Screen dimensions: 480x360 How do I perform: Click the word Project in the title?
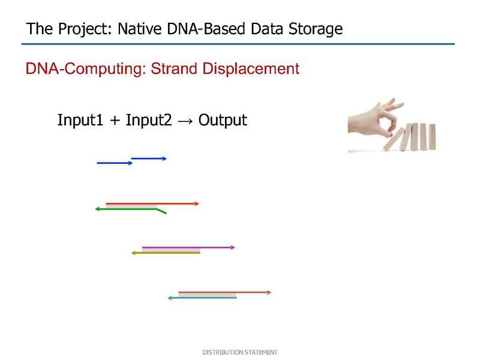(x=85, y=29)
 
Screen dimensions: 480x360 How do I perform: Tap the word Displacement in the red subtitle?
(x=251, y=68)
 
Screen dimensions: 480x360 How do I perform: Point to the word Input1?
(x=80, y=119)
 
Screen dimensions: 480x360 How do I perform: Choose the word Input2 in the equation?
(x=149, y=119)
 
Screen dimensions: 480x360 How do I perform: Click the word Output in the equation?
(x=223, y=119)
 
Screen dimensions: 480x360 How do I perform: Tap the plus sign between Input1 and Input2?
(x=115, y=121)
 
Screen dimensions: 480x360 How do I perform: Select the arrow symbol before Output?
(x=185, y=121)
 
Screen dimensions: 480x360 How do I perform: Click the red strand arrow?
(x=152, y=203)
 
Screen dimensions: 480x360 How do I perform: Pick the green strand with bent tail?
(x=131, y=209)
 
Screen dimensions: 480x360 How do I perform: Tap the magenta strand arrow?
(x=188, y=247)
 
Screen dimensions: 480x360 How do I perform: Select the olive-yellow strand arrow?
(x=166, y=253)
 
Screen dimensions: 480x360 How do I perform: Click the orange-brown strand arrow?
(x=225, y=292)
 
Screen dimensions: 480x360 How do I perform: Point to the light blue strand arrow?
(x=202, y=298)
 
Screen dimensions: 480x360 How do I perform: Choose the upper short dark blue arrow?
(x=149, y=158)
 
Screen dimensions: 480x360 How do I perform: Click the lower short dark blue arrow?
(x=115, y=163)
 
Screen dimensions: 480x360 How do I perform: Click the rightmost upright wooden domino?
(x=432, y=137)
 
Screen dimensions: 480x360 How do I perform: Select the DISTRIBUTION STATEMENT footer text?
(x=239, y=352)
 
